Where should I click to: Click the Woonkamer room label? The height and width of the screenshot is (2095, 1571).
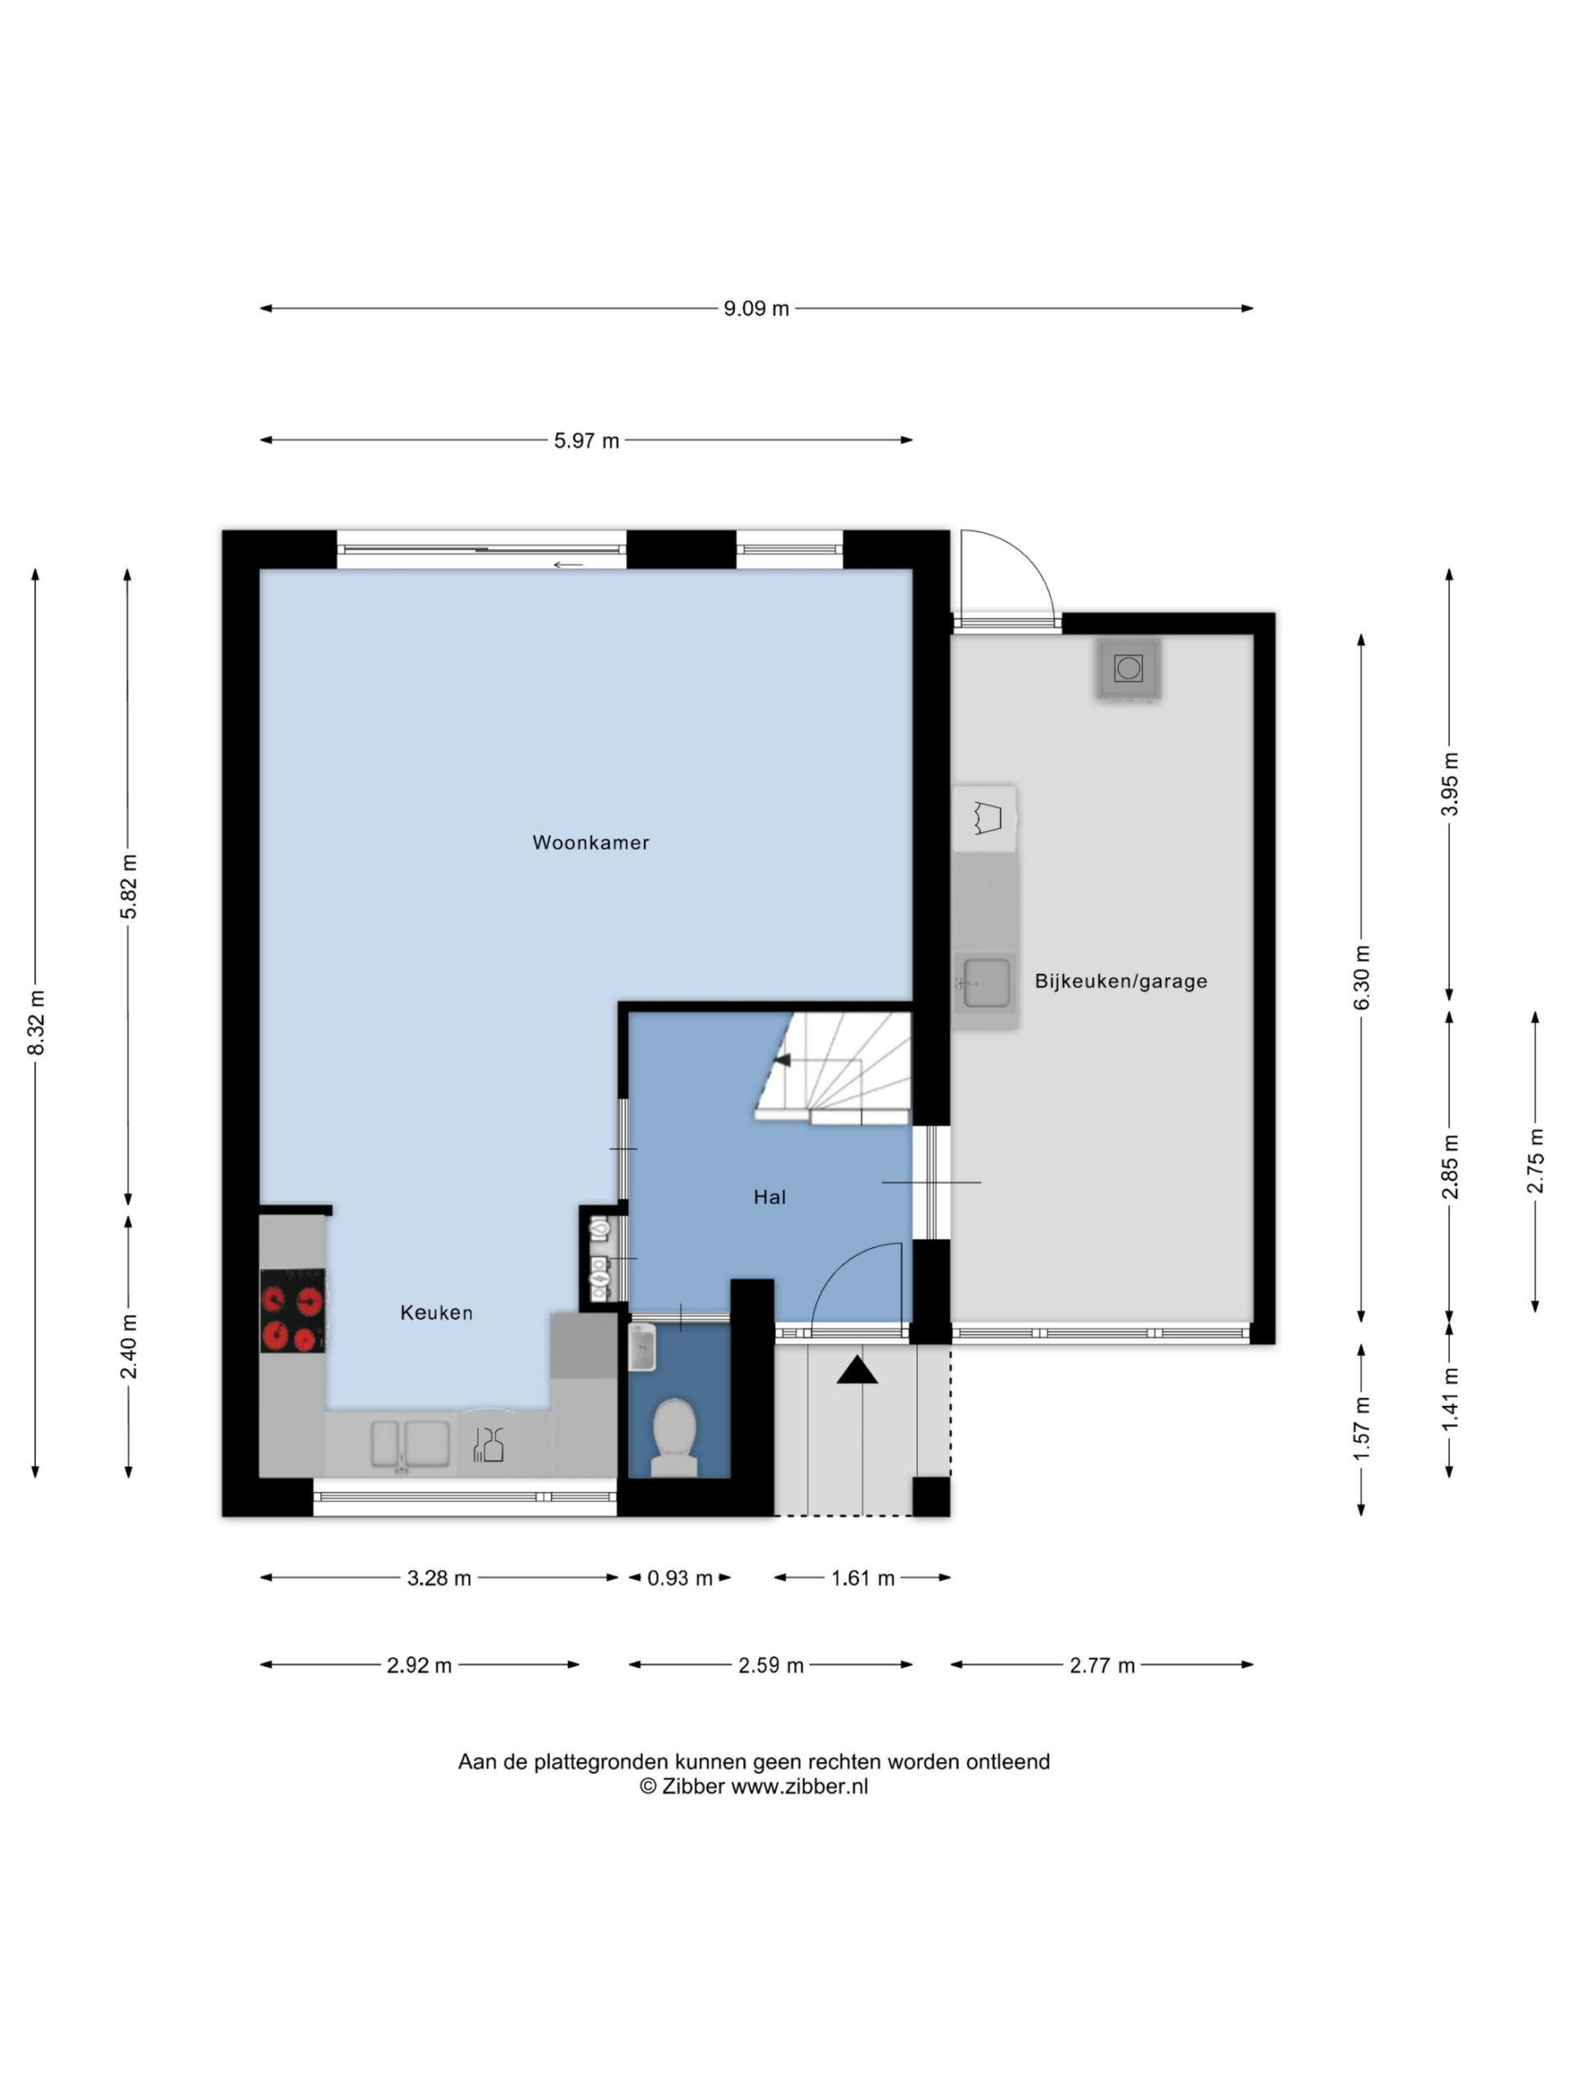[x=590, y=842]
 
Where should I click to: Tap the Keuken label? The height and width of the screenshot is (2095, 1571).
[x=437, y=1312]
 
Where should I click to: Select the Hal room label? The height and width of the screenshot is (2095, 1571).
[x=769, y=1196]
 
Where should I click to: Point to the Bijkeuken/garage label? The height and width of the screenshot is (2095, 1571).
[x=1120, y=981]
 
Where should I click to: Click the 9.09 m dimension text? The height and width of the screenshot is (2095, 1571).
[x=756, y=308]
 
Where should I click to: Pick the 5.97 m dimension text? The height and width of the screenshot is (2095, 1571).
[x=586, y=440]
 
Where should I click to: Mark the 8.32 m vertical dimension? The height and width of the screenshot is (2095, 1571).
[x=35, y=1023]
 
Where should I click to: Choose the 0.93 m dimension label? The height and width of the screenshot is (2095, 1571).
[x=680, y=1577]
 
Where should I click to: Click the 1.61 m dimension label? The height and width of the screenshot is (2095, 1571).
[x=862, y=1577]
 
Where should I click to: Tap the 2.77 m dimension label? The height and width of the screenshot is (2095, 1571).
[x=1102, y=1665]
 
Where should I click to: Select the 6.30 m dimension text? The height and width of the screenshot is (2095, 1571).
[x=1362, y=977]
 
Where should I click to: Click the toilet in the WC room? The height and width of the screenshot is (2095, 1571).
[x=674, y=1437]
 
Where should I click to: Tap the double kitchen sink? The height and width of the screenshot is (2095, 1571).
[x=410, y=1444]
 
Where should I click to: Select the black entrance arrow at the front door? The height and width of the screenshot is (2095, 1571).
[x=857, y=1369]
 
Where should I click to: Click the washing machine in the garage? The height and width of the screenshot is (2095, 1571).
[x=1128, y=669]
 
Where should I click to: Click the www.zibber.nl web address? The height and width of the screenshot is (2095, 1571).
[x=799, y=1786]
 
